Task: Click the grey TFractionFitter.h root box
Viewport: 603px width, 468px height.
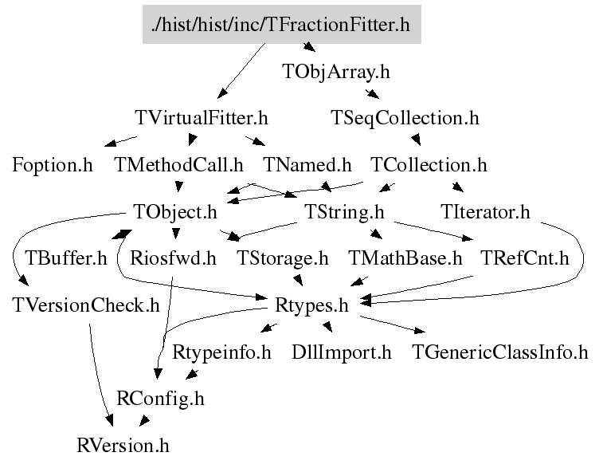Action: click(x=280, y=25)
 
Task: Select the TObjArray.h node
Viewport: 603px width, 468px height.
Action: click(x=336, y=72)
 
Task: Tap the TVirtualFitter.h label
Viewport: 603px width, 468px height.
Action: click(x=202, y=119)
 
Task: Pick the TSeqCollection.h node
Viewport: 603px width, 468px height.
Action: click(x=405, y=119)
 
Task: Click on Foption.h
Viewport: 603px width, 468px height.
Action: click(x=53, y=166)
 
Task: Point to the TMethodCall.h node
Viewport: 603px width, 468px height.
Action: click(x=178, y=166)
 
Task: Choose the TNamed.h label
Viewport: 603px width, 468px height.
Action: click(x=307, y=166)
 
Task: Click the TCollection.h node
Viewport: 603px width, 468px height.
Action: click(x=429, y=166)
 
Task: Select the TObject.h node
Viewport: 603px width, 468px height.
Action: click(x=174, y=213)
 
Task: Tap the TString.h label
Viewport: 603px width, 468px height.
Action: click(x=345, y=213)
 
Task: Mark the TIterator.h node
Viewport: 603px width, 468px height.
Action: click(x=485, y=213)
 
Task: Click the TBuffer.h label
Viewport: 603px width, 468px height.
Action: click(x=66, y=258)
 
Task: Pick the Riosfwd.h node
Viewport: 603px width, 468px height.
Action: click(x=173, y=258)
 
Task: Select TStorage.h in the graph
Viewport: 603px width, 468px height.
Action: click(x=283, y=258)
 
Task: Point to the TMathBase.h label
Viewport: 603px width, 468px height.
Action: click(x=405, y=258)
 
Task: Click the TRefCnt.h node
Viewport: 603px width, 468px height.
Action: click(x=525, y=258)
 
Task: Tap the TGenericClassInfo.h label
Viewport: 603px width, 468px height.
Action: click(x=499, y=352)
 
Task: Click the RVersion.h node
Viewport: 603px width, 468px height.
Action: click(x=123, y=444)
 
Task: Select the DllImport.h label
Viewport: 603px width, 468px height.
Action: click(x=342, y=352)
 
